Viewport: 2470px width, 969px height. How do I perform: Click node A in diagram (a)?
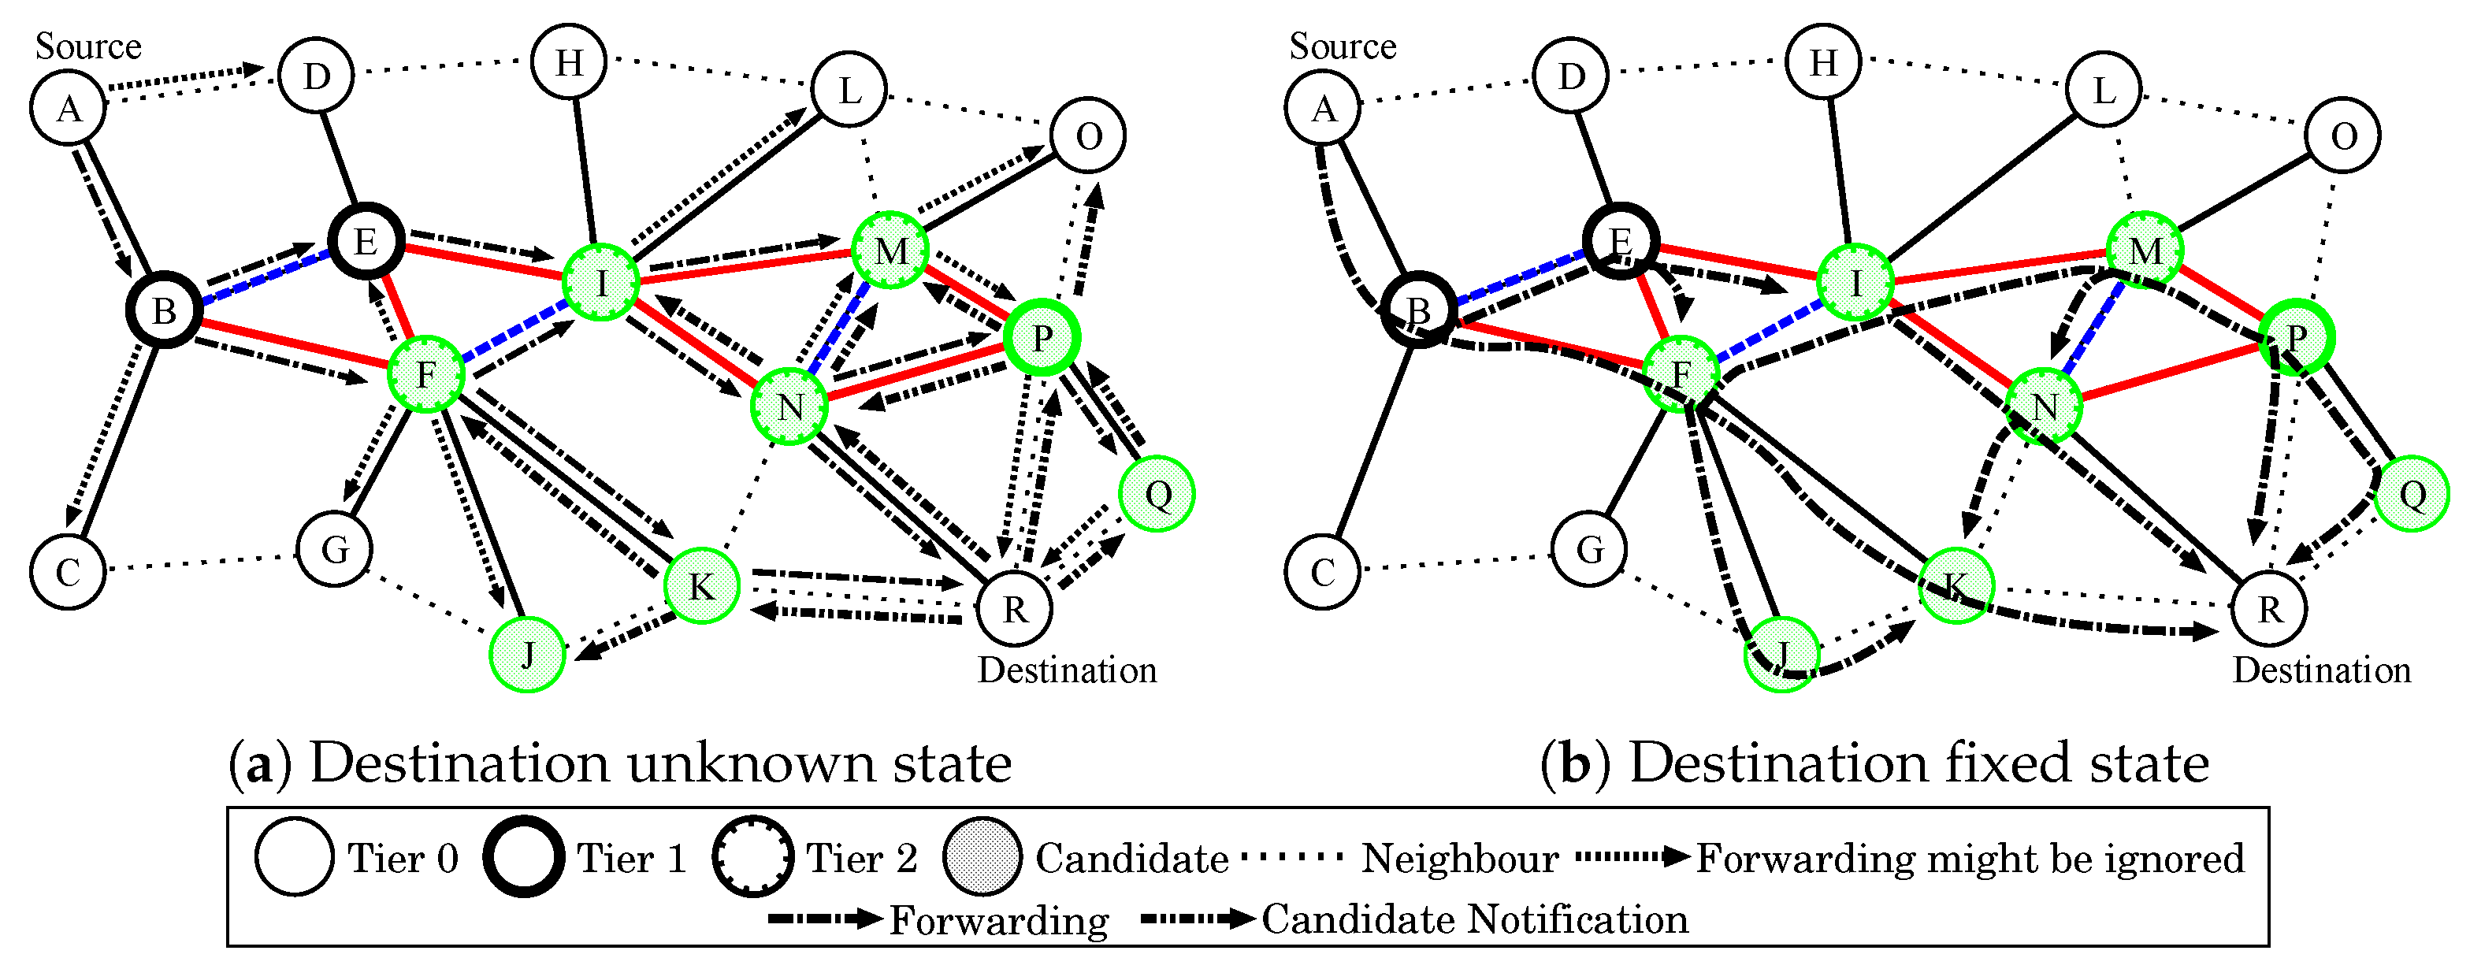[67, 108]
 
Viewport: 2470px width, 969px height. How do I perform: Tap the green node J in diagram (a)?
[526, 655]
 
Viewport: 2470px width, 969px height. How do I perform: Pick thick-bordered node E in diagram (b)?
[1621, 240]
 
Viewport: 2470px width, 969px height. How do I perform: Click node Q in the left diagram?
[1157, 494]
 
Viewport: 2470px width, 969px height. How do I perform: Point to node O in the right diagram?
[2343, 136]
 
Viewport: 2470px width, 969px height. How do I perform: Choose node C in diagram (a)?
[67, 572]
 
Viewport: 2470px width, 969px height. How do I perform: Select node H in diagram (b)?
[1824, 61]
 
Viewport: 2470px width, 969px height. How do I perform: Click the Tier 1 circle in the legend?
[523, 857]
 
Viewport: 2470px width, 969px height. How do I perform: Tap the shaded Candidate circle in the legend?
[981, 857]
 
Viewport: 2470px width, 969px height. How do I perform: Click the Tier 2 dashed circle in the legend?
[752, 857]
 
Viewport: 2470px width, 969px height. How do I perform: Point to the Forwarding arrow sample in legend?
[825, 919]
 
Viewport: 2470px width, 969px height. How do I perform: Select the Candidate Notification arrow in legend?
[1198, 919]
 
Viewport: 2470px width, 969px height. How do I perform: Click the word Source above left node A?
[88, 46]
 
